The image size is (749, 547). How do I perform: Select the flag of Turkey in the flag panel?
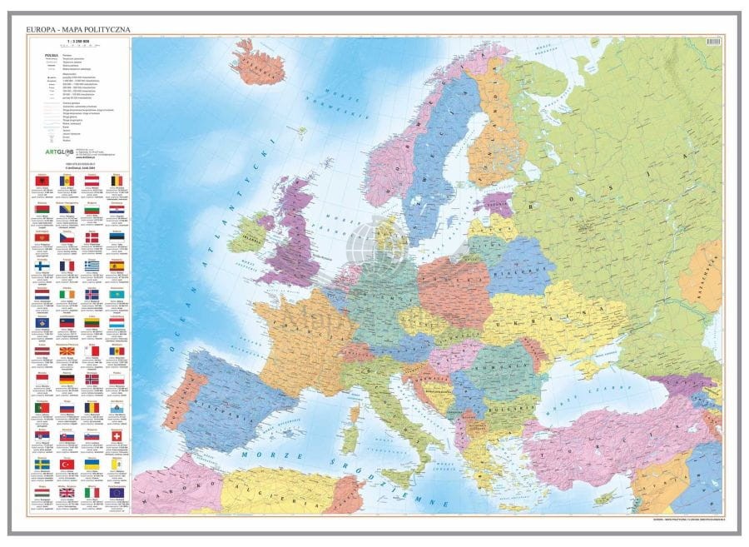68,465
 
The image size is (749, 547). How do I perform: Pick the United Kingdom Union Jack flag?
68,493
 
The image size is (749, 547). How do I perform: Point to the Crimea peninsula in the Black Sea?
580,364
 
